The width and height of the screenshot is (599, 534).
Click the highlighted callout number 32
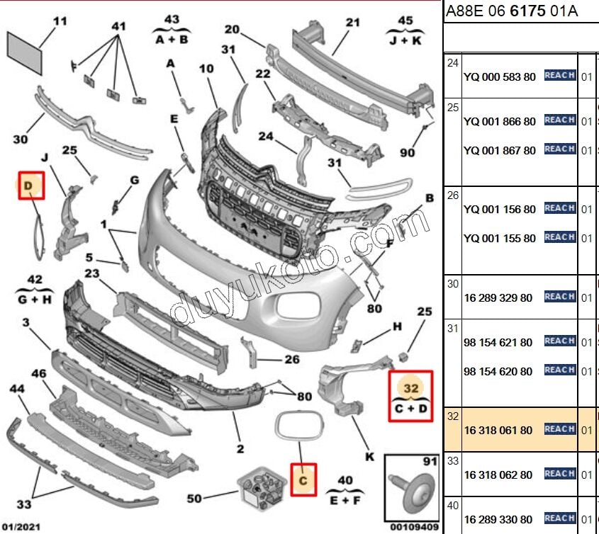tap(411, 389)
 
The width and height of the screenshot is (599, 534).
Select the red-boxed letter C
tap(303, 480)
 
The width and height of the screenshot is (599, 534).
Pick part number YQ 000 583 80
tap(499, 76)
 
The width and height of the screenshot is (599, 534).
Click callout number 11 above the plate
tap(60, 21)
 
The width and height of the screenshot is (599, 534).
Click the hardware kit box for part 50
tap(259, 487)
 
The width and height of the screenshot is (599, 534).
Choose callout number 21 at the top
tap(353, 22)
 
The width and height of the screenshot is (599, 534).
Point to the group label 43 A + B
tap(172, 29)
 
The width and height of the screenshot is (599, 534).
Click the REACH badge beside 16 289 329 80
tap(559, 297)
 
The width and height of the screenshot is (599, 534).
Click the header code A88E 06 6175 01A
tap(510, 11)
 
